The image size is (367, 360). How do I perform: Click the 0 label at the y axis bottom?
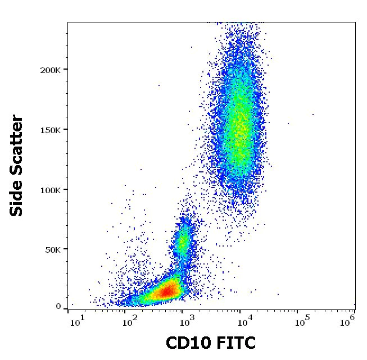[58, 307]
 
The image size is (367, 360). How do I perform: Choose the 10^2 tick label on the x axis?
[130, 321]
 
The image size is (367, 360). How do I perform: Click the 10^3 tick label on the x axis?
[184, 321]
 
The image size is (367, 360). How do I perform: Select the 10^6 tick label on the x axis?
[348, 320]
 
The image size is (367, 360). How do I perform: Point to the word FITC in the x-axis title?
[235, 343]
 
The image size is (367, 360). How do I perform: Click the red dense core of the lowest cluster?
[166, 291]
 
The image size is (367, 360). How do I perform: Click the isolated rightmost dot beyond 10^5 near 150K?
[313, 115]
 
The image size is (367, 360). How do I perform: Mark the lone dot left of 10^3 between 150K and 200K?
[159, 86]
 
